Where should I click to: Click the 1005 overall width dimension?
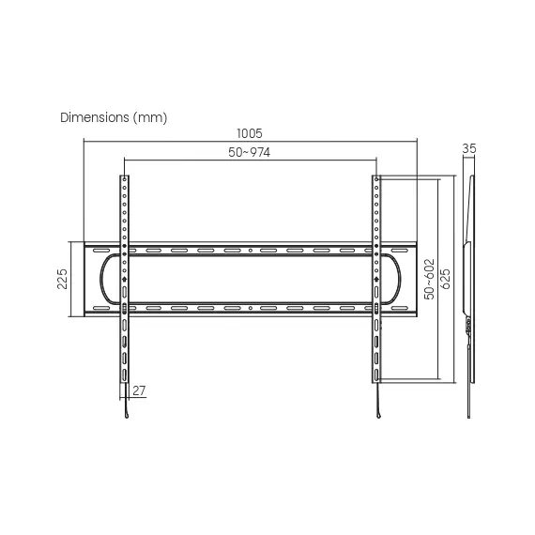click(x=250, y=133)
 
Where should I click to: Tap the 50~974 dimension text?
click(x=249, y=152)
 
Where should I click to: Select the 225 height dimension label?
click(x=62, y=279)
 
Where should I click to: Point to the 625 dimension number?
click(x=446, y=279)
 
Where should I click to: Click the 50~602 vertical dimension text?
click(x=429, y=279)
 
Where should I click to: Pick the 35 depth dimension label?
click(x=468, y=148)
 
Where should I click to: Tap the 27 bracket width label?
click(x=139, y=390)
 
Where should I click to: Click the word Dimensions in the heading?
click(x=95, y=117)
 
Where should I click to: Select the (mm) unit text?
click(x=150, y=118)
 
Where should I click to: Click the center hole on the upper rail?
click(x=251, y=251)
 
